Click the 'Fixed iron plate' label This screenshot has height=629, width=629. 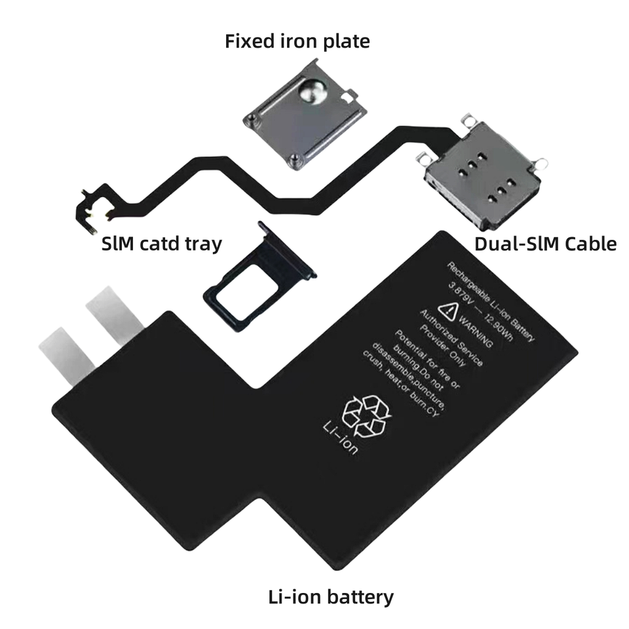click(x=297, y=41)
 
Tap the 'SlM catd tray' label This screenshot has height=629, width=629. click(x=162, y=244)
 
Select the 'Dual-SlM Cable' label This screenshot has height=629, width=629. click(x=546, y=244)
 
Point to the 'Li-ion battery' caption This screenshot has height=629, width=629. click(x=331, y=597)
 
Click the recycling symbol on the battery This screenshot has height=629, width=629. click(x=366, y=415)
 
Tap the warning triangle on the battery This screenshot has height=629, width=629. click(x=448, y=311)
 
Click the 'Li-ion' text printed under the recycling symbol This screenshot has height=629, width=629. click(x=340, y=437)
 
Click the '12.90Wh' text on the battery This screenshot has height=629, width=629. click(x=498, y=327)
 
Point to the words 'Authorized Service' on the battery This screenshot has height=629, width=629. click(x=451, y=338)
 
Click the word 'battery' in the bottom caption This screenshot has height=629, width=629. click(x=360, y=597)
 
